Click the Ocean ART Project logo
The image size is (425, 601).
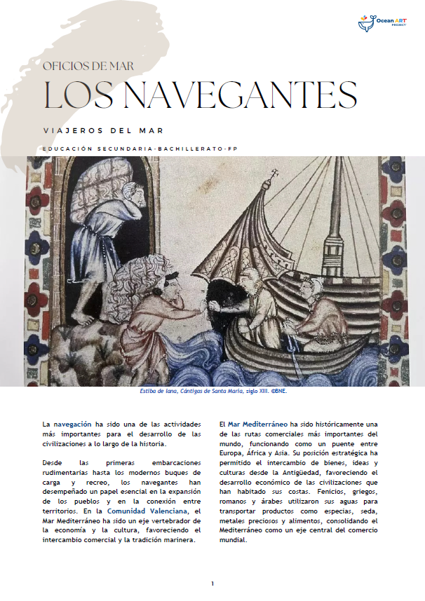point(385,24)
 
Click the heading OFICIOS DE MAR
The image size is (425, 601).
point(88,67)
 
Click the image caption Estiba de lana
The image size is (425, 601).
point(156,392)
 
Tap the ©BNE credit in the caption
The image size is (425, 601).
point(279,392)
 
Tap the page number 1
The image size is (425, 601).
point(212,583)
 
